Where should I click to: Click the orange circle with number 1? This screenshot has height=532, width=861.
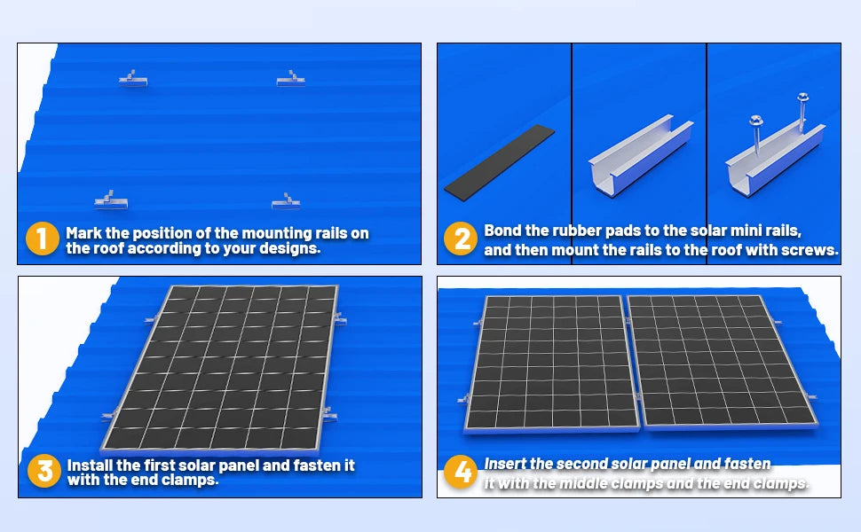click(x=41, y=240)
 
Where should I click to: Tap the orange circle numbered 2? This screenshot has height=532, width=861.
click(x=460, y=239)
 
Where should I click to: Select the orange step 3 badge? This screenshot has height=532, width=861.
click(x=43, y=471)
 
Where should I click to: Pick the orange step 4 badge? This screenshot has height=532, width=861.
click(x=462, y=472)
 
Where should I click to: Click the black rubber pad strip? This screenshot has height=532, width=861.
click(x=499, y=161)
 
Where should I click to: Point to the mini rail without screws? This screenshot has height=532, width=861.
click(x=640, y=159)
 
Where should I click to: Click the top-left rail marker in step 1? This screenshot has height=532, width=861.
click(x=132, y=80)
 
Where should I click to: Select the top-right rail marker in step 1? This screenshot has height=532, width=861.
click(x=290, y=80)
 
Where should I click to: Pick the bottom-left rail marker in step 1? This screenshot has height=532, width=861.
click(x=110, y=201)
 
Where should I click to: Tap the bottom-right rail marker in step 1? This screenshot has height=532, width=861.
click(x=286, y=203)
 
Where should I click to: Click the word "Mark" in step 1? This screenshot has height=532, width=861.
click(x=84, y=233)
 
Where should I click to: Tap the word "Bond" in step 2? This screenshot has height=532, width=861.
click(x=503, y=231)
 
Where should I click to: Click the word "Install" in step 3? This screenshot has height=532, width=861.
click(x=90, y=465)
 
